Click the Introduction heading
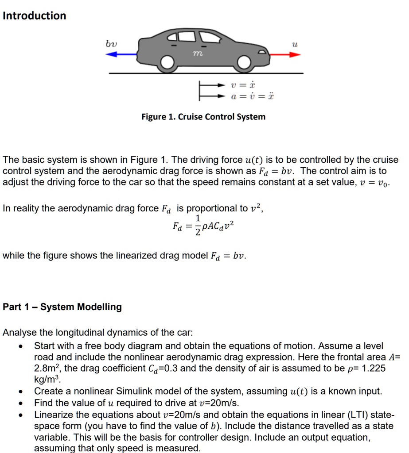tap(34, 15)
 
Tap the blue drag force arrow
tap(122, 54)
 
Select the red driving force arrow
tap(284, 54)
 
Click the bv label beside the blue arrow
tap(111, 43)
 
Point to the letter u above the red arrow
tap(294, 44)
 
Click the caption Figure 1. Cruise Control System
tap(203, 117)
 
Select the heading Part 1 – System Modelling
tap(62, 307)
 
